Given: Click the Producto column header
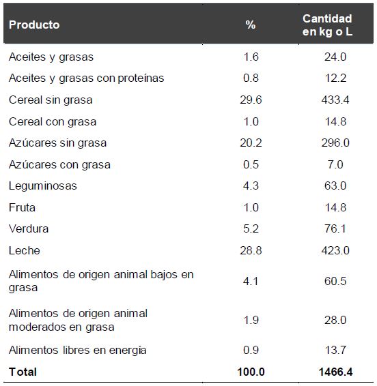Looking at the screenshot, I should [x=34, y=25].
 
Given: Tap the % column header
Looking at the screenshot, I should [x=251, y=25].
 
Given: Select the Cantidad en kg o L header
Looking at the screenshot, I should [x=327, y=25].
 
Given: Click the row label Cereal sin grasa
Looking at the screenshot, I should [x=51, y=100].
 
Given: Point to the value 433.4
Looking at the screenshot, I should [x=335, y=100].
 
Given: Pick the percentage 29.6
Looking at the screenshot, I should [x=251, y=100].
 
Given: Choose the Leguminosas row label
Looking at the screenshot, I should [x=43, y=185].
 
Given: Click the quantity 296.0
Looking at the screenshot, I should [x=335, y=143].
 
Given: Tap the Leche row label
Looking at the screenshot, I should [x=25, y=250].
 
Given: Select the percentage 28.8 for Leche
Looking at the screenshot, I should [x=251, y=250].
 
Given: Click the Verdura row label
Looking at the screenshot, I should [x=29, y=228].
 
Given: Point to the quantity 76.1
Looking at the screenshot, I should [x=335, y=228].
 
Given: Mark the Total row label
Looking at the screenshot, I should [x=23, y=372].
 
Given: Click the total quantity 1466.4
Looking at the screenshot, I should [x=335, y=372].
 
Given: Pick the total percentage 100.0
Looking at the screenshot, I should [x=250, y=372].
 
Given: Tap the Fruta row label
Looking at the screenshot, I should [x=22, y=207].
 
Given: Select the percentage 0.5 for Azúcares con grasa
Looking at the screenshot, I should [x=251, y=164].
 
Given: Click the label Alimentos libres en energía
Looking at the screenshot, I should [x=77, y=350].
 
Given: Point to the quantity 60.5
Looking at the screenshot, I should [x=335, y=281].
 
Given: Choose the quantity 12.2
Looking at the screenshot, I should [x=335, y=78].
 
